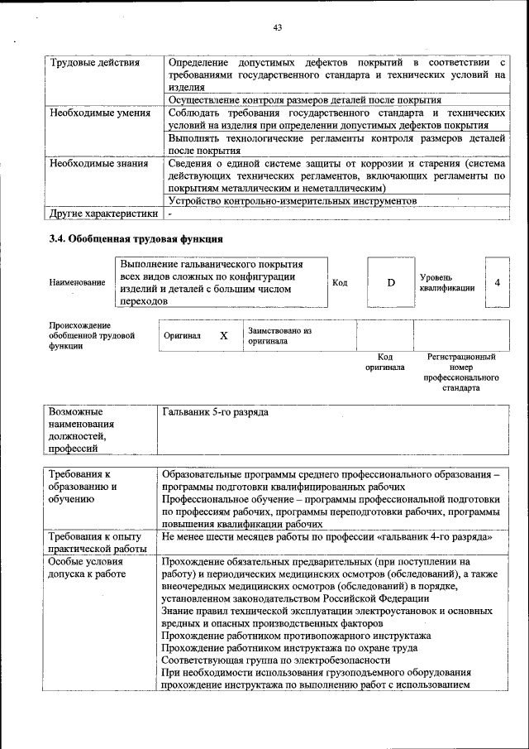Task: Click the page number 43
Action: [278, 28]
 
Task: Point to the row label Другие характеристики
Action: [103, 213]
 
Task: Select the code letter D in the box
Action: [391, 283]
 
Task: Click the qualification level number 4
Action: [497, 283]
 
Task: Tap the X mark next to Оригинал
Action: [223, 336]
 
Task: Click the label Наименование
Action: [77, 283]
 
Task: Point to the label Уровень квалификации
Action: [446, 283]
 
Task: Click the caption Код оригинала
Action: [385, 362]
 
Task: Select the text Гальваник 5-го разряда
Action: [215, 411]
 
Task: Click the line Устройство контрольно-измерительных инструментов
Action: [291, 201]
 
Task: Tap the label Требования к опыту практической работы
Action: [96, 543]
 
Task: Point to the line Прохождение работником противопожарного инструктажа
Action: [296, 636]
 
